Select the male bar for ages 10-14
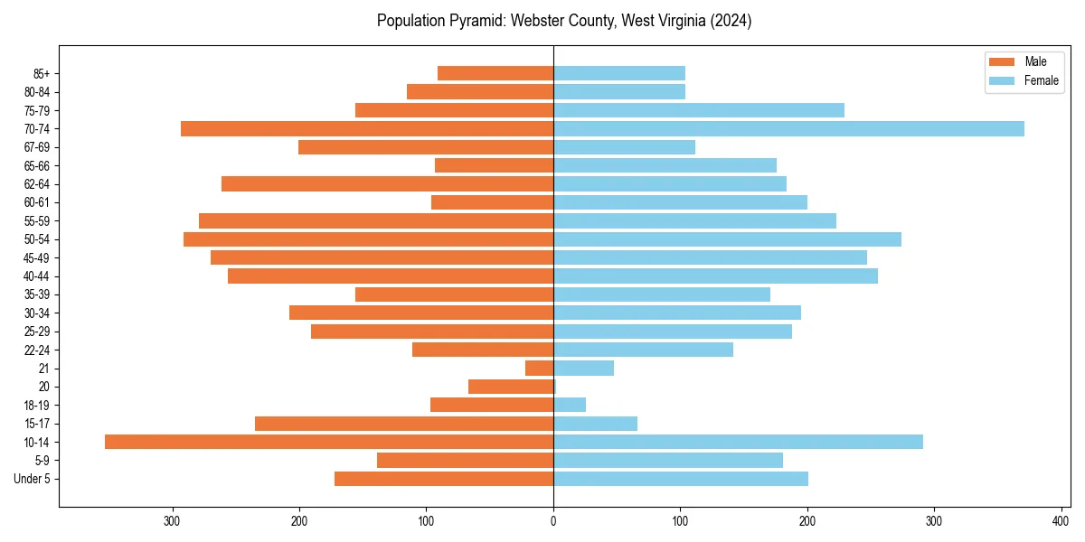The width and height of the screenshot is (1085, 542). (329, 442)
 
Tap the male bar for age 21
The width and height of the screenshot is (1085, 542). (540, 369)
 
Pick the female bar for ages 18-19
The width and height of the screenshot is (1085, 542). (570, 405)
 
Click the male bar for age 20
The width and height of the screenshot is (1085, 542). (511, 387)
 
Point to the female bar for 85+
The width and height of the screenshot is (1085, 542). (619, 73)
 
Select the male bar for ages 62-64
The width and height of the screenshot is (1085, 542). (387, 184)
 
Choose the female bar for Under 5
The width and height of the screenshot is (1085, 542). (681, 479)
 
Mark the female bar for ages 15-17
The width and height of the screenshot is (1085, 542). (596, 424)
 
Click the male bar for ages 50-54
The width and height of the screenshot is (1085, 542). (368, 239)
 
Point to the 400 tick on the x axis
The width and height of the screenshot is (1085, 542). (1061, 520)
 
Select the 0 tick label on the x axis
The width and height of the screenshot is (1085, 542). (553, 520)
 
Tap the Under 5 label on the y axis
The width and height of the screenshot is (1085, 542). (33, 479)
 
